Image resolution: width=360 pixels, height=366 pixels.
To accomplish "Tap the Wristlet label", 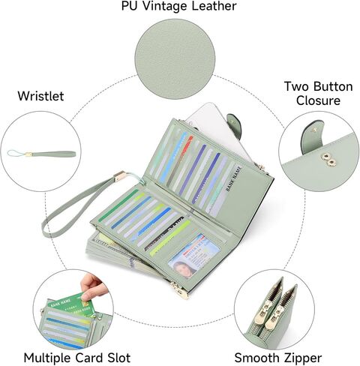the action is [x=40, y=96].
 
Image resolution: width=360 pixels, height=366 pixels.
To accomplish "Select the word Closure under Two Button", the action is [x=318, y=100].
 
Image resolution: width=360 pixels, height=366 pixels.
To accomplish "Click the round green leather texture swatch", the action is [x=175, y=59].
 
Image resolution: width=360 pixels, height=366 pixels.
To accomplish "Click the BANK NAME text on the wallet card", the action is [x=234, y=178].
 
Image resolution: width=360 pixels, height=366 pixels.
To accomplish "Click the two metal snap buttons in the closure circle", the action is [x=328, y=160].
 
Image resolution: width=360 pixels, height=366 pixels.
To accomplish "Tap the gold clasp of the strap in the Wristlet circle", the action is [x=28, y=154].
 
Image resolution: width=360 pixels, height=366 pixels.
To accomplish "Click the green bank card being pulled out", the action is [x=70, y=305].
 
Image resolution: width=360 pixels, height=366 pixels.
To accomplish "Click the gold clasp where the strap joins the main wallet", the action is [x=120, y=176].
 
